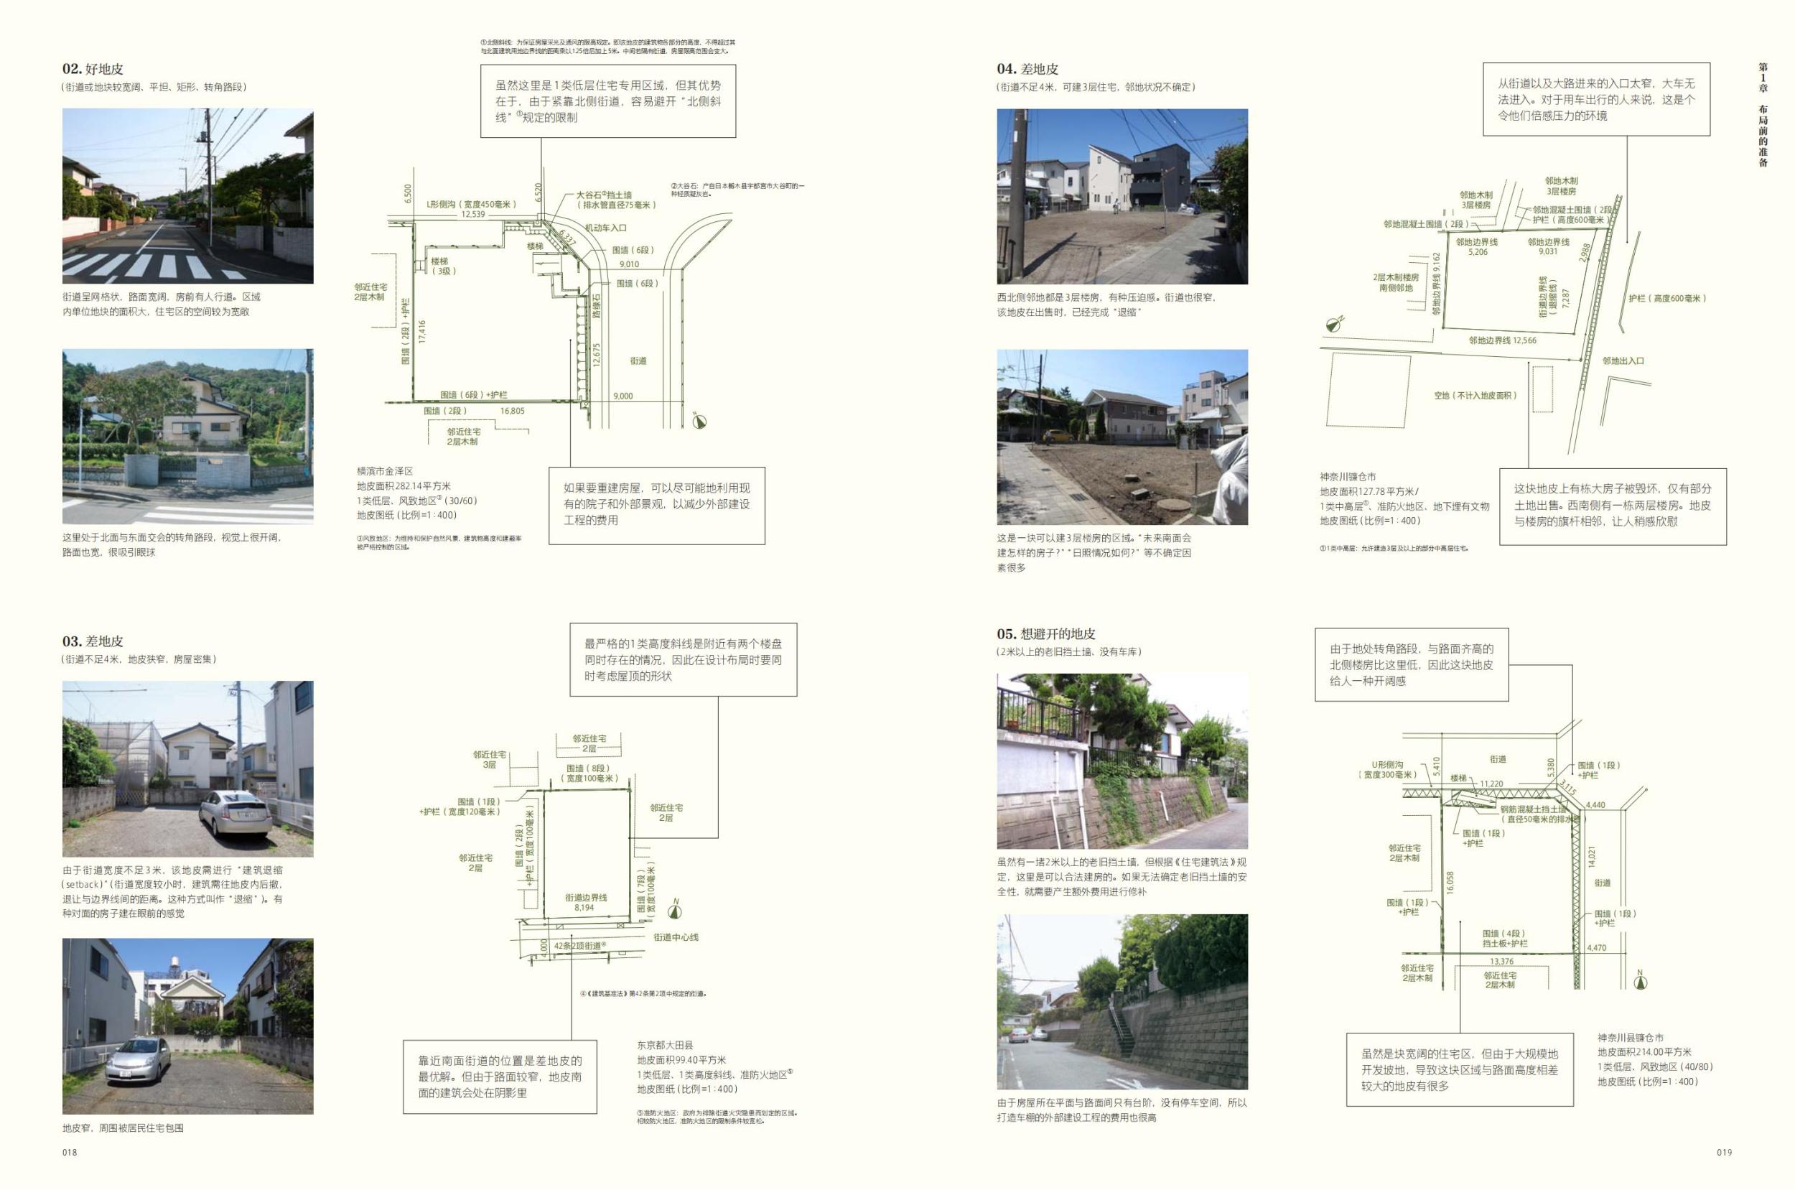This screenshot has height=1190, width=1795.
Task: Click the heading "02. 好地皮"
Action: coord(93,69)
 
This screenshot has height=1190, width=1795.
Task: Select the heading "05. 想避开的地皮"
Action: coord(1046,633)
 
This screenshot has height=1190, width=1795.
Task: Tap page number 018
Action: coord(70,1152)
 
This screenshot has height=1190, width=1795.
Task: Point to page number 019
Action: coord(1724,1152)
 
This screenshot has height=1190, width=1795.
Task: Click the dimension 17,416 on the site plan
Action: coord(421,332)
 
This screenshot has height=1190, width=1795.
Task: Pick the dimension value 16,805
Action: coord(512,411)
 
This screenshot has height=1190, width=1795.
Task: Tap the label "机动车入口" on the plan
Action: coord(605,228)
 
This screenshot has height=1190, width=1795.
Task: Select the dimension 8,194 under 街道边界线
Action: coord(584,908)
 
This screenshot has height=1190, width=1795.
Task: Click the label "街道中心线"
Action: coord(676,937)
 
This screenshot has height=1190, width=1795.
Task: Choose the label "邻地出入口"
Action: coord(1623,361)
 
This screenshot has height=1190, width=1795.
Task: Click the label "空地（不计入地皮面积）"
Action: coord(1475,396)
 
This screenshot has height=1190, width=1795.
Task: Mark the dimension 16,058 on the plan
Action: coord(1450,882)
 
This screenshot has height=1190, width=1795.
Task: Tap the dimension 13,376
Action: coord(1501,962)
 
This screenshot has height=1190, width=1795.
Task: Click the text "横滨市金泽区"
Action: coord(385,471)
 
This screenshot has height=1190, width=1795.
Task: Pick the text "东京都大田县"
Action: coord(665,1045)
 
